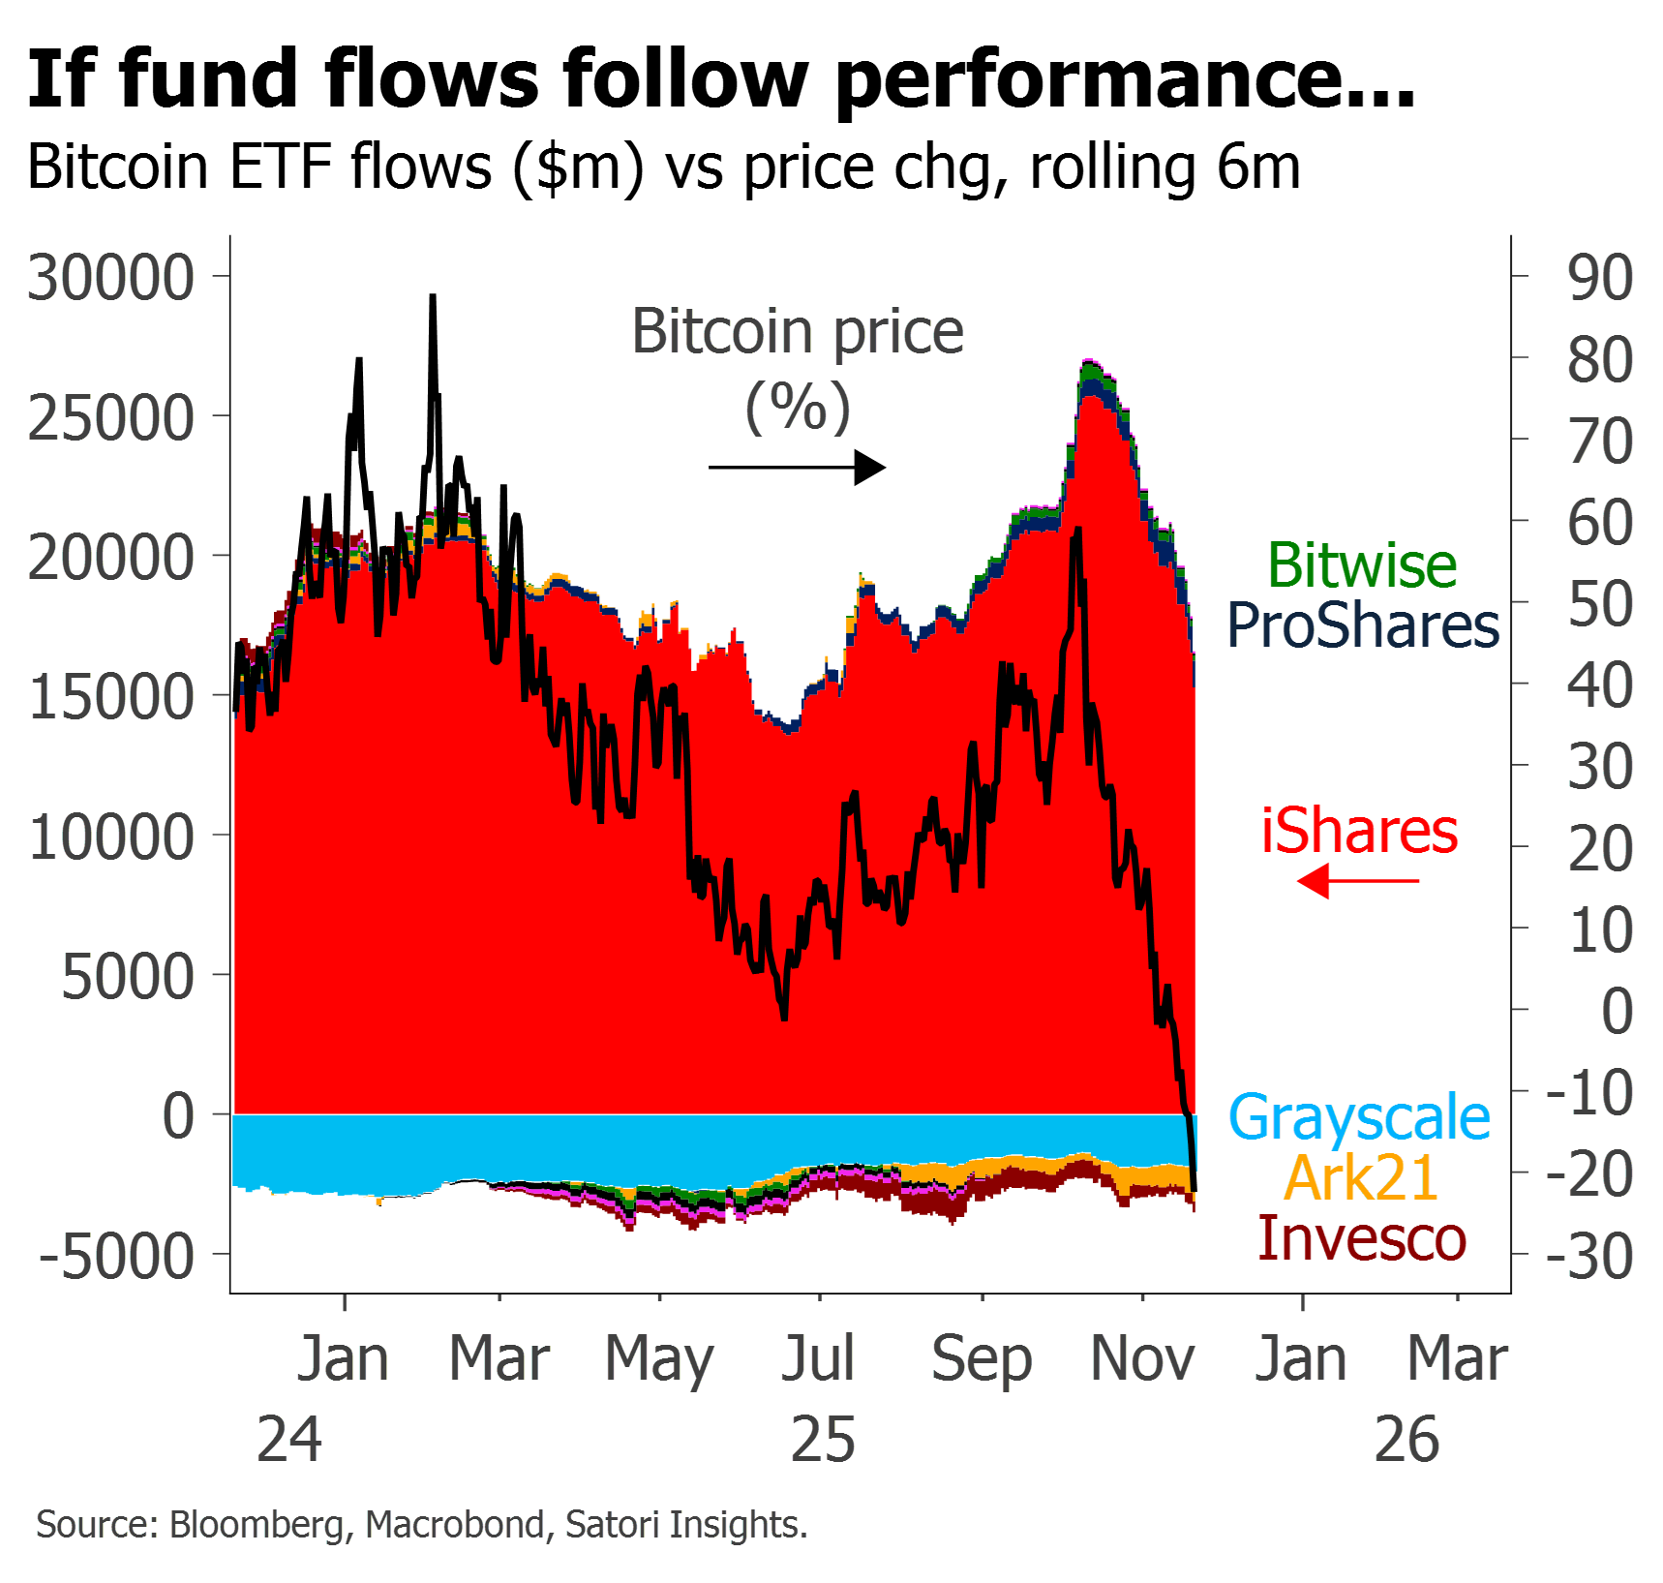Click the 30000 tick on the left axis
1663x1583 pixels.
pos(111,279)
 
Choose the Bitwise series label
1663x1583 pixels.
pos(1362,565)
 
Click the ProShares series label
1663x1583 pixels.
pos(1364,625)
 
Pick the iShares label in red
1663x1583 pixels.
pos(1360,832)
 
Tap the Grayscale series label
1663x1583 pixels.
pos(1360,1118)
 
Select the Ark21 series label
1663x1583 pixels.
pos(1361,1178)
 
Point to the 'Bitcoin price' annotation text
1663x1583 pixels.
pos(799,332)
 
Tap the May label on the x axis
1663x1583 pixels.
pos(660,1360)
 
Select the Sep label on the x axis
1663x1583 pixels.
pos(983,1360)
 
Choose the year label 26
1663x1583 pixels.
pos(1407,1440)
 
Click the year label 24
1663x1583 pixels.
pos(289,1440)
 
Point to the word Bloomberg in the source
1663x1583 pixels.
pos(257,1525)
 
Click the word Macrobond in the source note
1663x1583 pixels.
pos(454,1525)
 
